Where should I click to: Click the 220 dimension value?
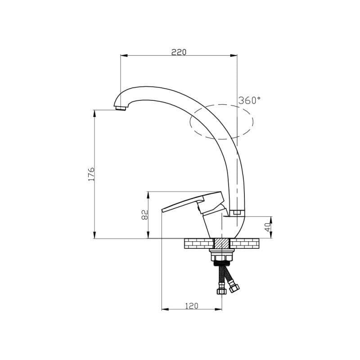pyautogui.click(x=179, y=52)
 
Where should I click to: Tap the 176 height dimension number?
pyautogui.click(x=91, y=174)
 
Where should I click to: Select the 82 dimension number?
pyautogui.click(x=145, y=215)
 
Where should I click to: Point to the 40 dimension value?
pyautogui.click(x=268, y=227)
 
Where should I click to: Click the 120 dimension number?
pyautogui.click(x=192, y=306)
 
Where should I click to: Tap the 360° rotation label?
pyautogui.click(x=250, y=100)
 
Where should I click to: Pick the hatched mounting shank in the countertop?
pyautogui.click(x=221, y=243)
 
